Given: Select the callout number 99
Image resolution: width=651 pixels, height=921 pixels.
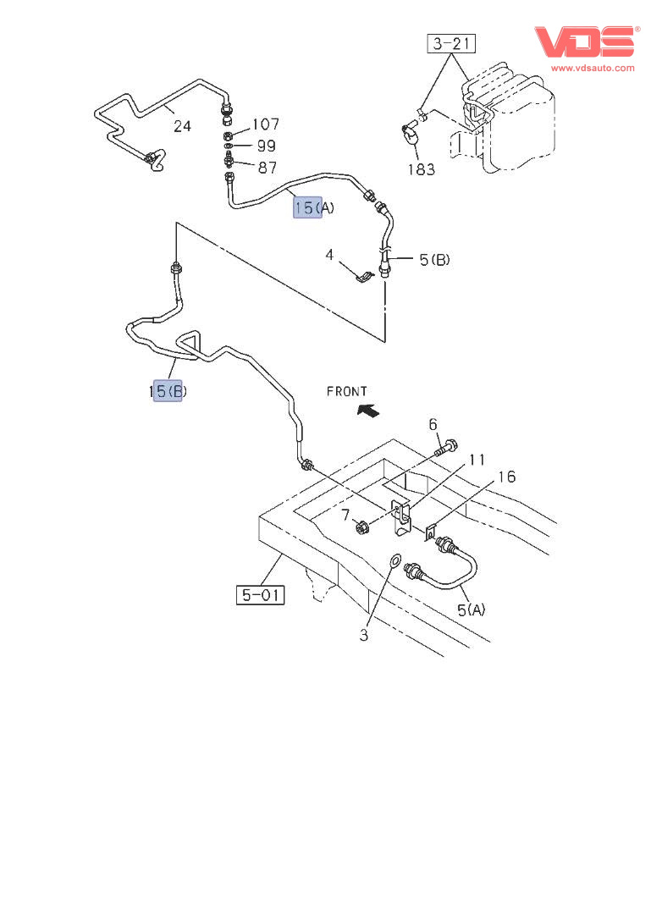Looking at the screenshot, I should pos(267,146).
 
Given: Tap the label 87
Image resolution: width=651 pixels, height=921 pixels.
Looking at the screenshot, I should pos(267,168).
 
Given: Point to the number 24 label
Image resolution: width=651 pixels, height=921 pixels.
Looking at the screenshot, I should pos(182,126).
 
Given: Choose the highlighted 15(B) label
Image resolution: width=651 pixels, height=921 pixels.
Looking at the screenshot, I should pos(168,390).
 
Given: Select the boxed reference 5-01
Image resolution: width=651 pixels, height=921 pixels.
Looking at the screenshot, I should pos(260,595).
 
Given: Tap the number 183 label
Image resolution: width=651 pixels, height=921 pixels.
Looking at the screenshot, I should pos(420,169).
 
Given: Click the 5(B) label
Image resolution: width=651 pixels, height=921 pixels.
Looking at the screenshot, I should pos(434,260).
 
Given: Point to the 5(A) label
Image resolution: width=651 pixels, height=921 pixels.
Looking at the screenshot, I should pos(471,609).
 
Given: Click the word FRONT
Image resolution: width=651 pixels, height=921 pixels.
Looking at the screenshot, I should pos(347,391).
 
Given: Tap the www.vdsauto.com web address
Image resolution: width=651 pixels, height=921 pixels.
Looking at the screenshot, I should pos(593,68).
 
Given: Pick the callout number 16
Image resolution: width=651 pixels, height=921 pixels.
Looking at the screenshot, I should pos(506,477).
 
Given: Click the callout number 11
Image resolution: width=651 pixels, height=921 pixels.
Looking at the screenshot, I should pos(477,460).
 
